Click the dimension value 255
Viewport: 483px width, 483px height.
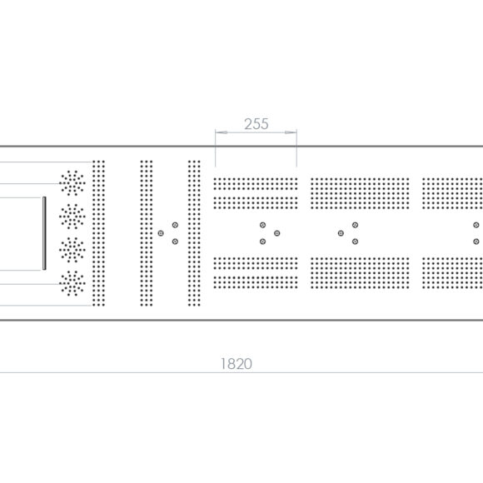256,124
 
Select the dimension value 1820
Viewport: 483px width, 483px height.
237,364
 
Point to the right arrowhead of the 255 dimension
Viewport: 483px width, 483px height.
291,132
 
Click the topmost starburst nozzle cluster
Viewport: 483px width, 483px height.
72,183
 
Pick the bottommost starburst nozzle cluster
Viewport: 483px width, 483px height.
72,283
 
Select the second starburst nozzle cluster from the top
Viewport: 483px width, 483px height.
72,217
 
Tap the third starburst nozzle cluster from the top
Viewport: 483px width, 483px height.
72,250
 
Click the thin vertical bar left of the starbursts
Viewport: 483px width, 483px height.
44,233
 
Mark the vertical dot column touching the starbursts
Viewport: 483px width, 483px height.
98,233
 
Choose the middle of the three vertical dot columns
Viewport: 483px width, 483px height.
147,233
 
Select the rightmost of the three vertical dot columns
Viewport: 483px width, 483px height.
194,233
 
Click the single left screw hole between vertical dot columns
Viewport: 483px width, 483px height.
161,233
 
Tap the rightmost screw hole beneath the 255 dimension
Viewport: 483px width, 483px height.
277,233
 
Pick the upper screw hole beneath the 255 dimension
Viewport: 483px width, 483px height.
262,225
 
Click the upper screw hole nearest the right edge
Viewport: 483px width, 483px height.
476,225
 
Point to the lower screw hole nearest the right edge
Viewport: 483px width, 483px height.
476,242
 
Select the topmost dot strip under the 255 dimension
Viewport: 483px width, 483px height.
256,184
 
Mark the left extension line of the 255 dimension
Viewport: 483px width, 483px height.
216,148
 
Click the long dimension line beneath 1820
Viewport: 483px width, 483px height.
242,373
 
